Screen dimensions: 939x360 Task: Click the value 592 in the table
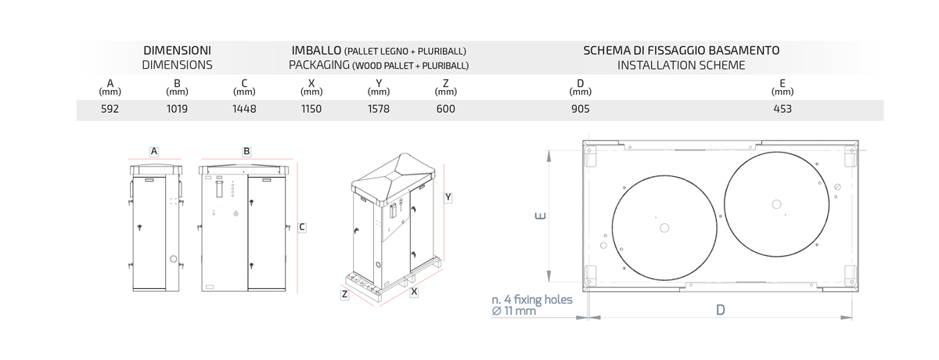pyautogui.click(x=110, y=109)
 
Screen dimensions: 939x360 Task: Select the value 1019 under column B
pyautogui.click(x=177, y=109)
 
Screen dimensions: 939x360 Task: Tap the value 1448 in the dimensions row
pyautogui.click(x=244, y=109)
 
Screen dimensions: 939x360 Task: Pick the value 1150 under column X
pyautogui.click(x=311, y=109)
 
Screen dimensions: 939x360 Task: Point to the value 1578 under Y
pyautogui.click(x=379, y=109)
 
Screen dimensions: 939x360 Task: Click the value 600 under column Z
pyautogui.click(x=445, y=109)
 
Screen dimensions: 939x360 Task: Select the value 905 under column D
pyautogui.click(x=581, y=109)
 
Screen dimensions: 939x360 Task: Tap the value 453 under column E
pyautogui.click(x=782, y=109)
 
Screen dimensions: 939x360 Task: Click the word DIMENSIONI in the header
pyautogui.click(x=178, y=51)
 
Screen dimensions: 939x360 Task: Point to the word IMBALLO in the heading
pyautogui.click(x=316, y=51)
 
